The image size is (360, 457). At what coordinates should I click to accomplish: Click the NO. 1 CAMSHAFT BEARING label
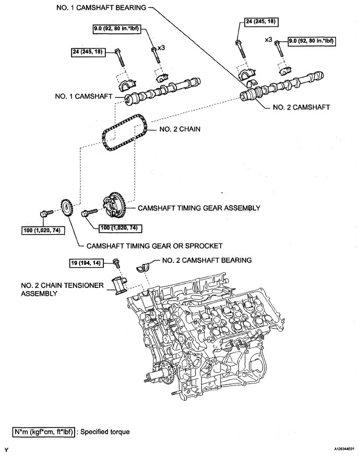tap(101, 8)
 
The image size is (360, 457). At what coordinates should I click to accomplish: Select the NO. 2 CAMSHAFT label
tap(301, 107)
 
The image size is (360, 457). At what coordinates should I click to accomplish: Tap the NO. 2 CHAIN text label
tap(180, 129)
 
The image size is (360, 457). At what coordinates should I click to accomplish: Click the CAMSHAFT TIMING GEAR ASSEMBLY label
tap(199, 208)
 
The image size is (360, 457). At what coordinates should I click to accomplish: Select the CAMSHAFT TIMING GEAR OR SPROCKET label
tap(154, 246)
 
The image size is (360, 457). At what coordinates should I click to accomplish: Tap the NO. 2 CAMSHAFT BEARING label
tap(207, 260)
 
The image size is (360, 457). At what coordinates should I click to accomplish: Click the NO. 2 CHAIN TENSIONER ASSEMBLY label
tap(62, 290)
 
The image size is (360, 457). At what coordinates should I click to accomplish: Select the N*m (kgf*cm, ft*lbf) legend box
tap(44, 432)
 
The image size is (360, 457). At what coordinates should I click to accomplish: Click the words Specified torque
tap(105, 432)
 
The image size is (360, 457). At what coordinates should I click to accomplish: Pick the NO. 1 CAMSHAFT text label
tap(83, 97)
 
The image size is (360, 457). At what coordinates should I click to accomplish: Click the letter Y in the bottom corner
tap(6, 450)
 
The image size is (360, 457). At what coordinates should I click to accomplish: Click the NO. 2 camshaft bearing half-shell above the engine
tap(143, 267)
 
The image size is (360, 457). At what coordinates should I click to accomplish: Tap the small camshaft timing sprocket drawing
tap(67, 208)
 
